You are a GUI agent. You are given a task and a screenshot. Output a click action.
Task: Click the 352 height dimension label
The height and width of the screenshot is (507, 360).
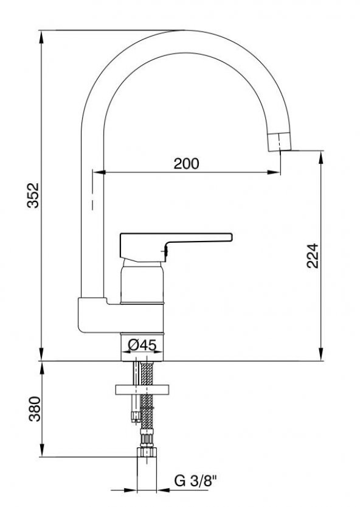tap(33, 195)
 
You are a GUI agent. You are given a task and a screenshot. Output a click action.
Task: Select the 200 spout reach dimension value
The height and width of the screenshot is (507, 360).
tap(187, 164)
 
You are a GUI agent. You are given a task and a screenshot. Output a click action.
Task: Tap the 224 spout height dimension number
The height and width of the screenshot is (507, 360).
tap(313, 256)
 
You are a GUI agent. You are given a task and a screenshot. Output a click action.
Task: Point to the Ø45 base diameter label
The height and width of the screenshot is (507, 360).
tap(142, 345)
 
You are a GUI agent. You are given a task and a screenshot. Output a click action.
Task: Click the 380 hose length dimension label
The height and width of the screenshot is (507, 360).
tap(35, 409)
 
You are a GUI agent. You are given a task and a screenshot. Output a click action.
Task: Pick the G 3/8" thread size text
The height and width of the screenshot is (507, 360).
tap(195, 481)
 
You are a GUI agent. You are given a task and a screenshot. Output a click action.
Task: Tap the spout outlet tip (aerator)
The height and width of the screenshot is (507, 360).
tap(280, 142)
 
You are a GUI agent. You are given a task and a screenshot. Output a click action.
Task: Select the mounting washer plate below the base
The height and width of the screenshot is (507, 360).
tap(142, 390)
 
